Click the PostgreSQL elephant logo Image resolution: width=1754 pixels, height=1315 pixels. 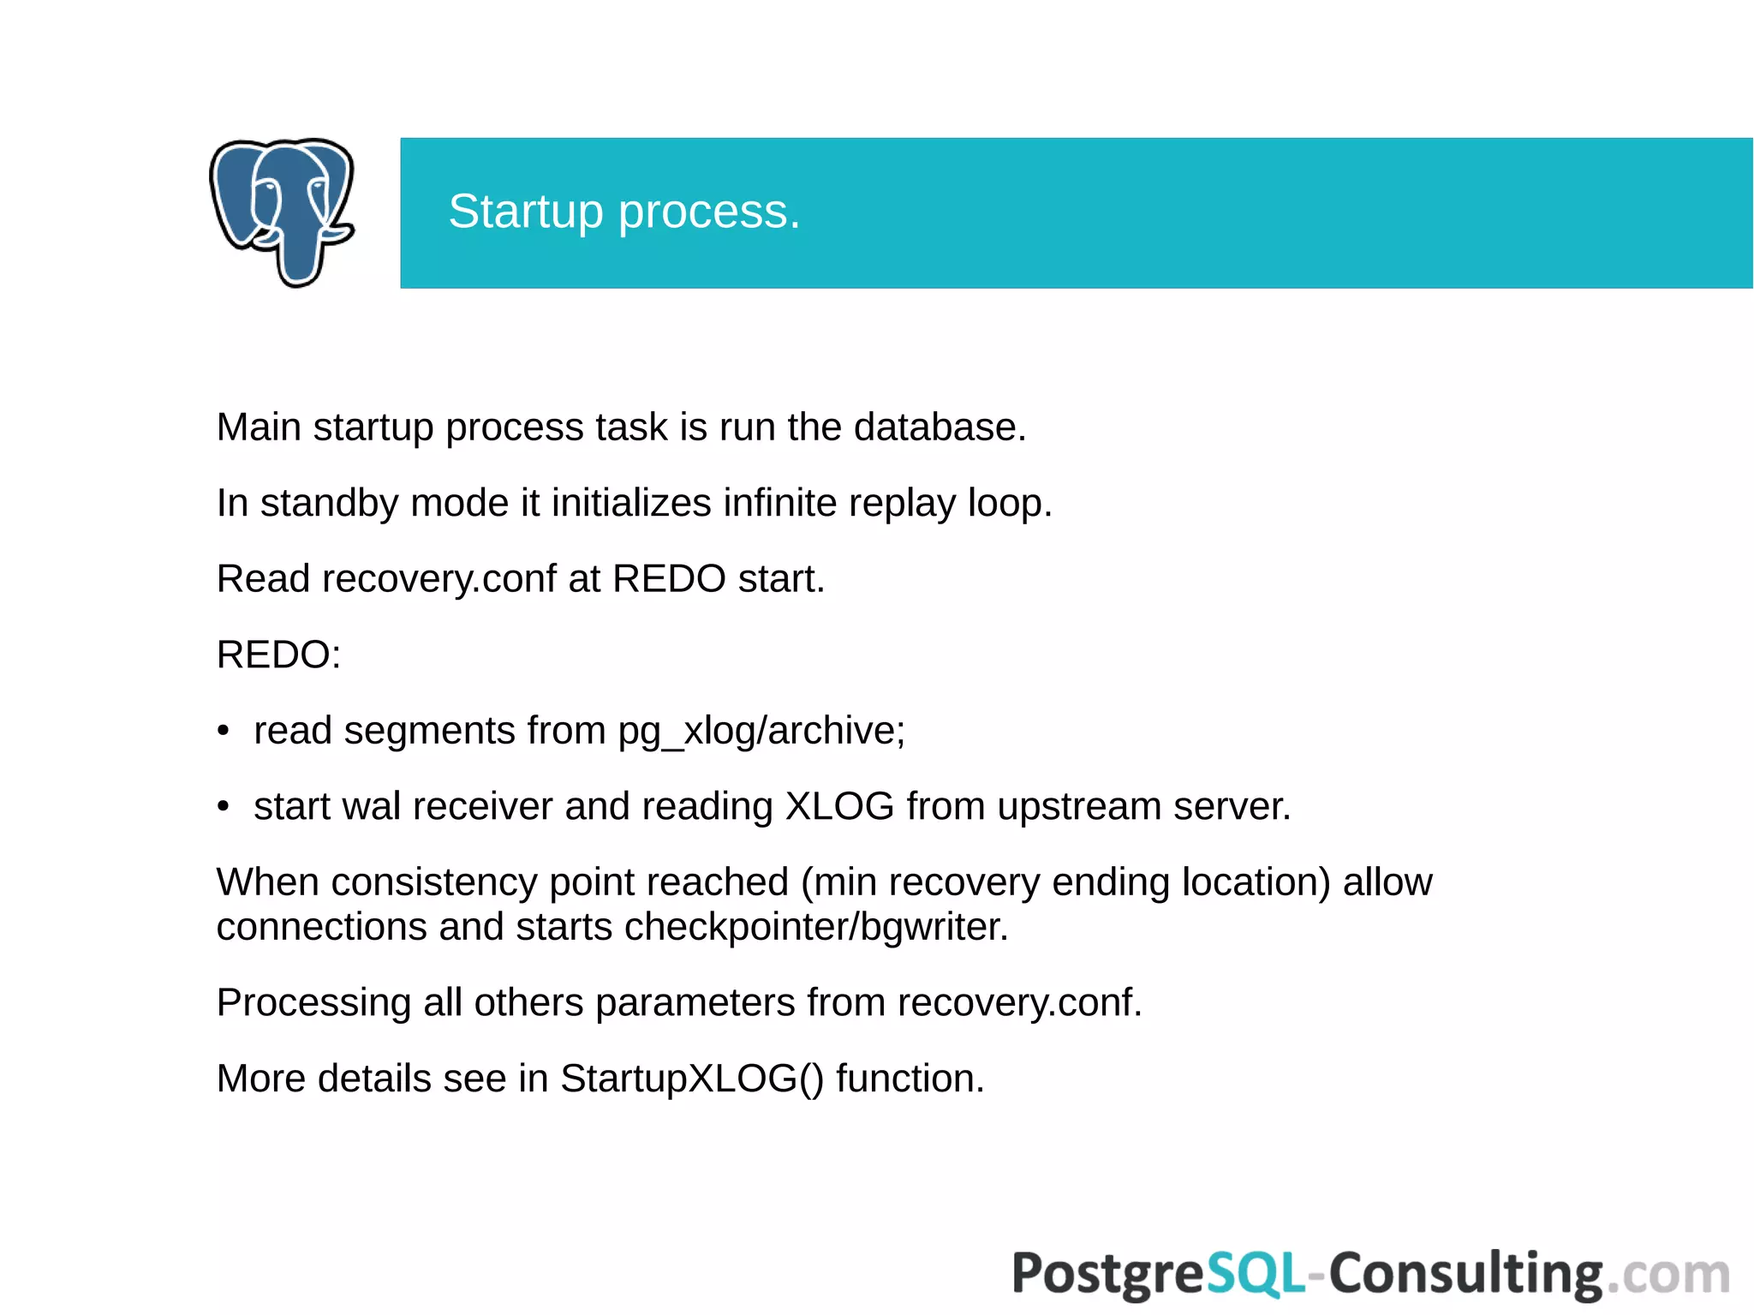(x=282, y=212)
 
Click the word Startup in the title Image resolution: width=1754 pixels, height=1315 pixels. (x=525, y=212)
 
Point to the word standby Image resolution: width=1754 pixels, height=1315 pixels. (x=329, y=503)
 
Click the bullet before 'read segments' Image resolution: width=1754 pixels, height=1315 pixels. (x=224, y=731)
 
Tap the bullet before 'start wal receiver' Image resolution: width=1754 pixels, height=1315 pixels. (x=224, y=807)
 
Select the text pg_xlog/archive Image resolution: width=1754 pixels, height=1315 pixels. (x=761, y=731)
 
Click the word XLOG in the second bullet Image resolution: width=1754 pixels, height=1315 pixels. (x=839, y=806)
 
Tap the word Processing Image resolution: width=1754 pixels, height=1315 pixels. (x=313, y=1002)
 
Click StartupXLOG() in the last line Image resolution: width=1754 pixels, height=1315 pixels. (x=692, y=1079)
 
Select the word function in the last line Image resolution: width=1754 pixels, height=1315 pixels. (x=910, y=1079)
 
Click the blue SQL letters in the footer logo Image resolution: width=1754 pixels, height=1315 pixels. (x=1256, y=1274)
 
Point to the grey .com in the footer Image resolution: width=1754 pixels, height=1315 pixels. (x=1667, y=1274)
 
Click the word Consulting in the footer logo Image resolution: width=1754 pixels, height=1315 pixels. (x=1465, y=1274)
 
